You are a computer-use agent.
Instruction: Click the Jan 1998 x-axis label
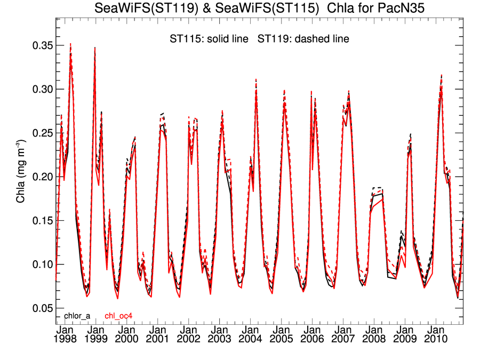[x=65, y=334]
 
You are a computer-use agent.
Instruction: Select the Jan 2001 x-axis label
[x=158, y=334]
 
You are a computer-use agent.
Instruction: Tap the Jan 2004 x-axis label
[x=250, y=334]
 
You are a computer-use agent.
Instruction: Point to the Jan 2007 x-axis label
[x=343, y=334]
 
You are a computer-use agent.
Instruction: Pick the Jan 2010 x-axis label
[x=436, y=334]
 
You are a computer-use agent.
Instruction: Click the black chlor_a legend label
[x=77, y=316]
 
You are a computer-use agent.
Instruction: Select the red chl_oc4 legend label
[x=118, y=316]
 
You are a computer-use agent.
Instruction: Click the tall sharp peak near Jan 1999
[x=95, y=48]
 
